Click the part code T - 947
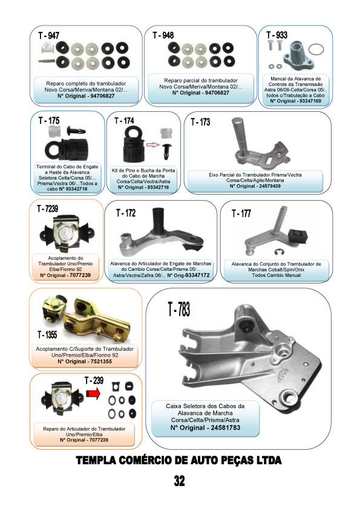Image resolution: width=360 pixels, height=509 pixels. pos(49,36)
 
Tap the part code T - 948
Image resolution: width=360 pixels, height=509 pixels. pos(163,35)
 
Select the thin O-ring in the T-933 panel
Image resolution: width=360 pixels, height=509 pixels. pos(315,50)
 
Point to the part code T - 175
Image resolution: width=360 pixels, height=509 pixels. pos(49,121)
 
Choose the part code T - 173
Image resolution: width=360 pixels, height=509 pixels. pos(200,122)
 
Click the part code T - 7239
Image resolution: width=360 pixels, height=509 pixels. pos(47,209)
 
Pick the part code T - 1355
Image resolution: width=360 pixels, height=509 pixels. pos(47,334)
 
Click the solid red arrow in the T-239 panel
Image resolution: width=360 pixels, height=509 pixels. pos(93,394)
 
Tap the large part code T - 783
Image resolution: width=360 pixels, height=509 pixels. pos(179,309)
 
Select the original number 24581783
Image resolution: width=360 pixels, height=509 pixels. pos(225,427)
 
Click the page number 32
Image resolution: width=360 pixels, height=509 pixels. pos(179,481)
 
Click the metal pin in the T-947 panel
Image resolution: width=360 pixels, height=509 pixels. pos(47,60)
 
